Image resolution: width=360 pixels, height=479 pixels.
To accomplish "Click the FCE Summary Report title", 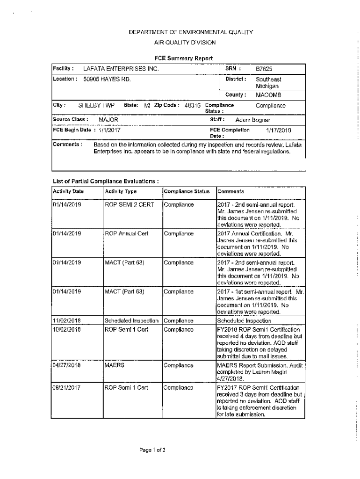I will [x=184, y=58].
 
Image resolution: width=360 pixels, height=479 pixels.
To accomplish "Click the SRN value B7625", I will [x=263, y=69].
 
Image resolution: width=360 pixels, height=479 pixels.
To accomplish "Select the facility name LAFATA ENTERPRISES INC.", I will [x=121, y=69].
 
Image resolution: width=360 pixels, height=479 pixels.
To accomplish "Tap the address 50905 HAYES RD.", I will [x=107, y=79].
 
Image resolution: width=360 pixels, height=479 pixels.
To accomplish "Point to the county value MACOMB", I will [x=268, y=95].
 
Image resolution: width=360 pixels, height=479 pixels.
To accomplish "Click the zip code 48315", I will [x=194, y=105].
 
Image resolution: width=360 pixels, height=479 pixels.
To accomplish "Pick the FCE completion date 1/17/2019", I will [x=279, y=130].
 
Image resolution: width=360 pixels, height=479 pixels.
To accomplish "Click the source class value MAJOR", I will [x=108, y=120].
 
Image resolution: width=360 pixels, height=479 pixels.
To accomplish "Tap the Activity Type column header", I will [x=121, y=191].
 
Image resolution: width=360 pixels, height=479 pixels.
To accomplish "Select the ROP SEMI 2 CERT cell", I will [x=129, y=205].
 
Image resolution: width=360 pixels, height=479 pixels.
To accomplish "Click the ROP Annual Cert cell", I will [x=126, y=233].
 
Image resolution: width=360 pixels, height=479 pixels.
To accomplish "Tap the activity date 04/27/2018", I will [x=67, y=365].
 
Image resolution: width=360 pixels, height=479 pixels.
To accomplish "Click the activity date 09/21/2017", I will [x=67, y=387].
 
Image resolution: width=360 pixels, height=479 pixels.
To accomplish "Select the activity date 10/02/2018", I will [x=67, y=329].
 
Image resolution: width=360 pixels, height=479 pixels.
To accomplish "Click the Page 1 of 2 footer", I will [x=152, y=450].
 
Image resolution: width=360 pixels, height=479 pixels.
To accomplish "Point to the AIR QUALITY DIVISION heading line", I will [x=185, y=43].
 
